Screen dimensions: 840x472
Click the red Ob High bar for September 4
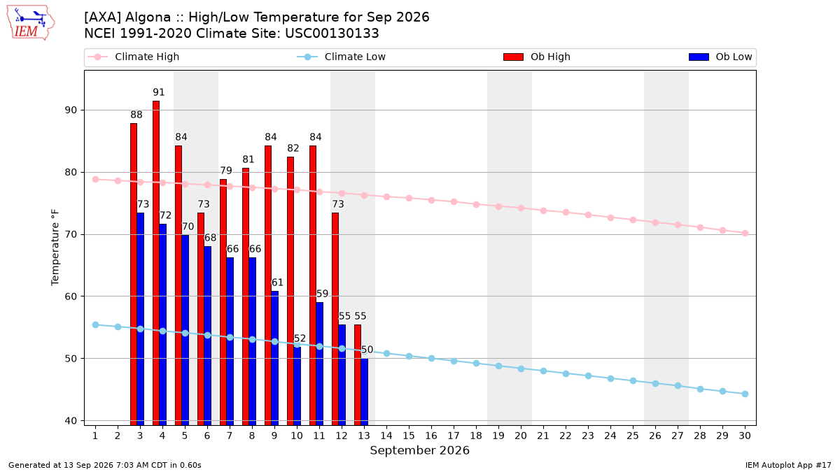(156, 263)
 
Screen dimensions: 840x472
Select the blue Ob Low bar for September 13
(365, 392)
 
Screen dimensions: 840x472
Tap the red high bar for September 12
(335, 319)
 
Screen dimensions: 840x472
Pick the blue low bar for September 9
(275, 358)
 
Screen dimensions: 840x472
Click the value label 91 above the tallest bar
(159, 92)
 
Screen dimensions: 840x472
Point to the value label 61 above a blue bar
(277, 283)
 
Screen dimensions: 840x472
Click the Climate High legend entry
(133, 57)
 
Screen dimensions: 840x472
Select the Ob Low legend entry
(720, 57)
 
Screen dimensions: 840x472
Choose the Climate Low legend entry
(341, 57)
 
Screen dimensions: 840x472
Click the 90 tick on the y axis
(71, 110)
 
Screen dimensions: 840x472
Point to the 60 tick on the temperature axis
(71, 296)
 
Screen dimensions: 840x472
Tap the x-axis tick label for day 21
(543, 436)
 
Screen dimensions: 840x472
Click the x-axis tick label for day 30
(745, 436)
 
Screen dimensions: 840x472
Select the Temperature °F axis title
(55, 248)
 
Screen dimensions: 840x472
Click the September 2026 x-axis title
(419, 450)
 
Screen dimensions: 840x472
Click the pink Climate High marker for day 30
(745, 233)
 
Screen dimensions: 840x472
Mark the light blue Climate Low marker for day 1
(96, 324)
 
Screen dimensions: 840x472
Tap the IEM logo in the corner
(30, 23)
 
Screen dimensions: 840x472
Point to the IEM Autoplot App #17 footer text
(788, 465)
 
